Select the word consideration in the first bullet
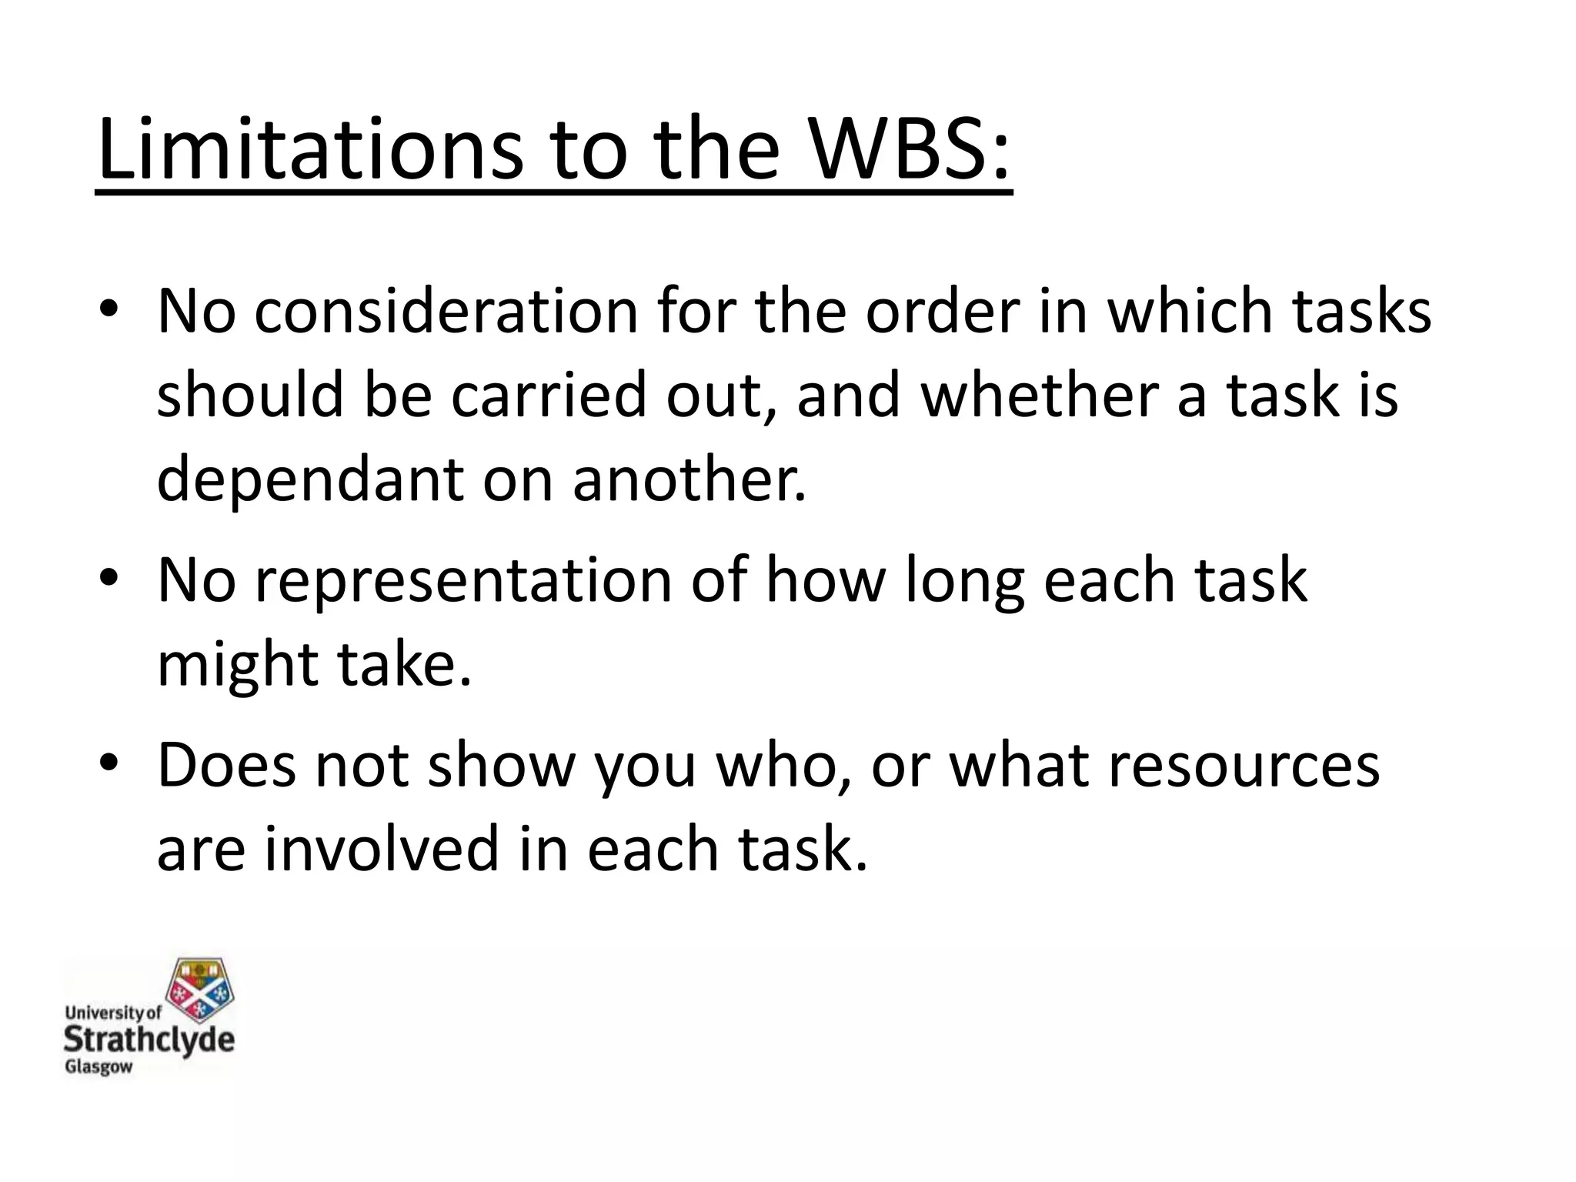[x=446, y=312]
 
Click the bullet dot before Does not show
[x=109, y=762]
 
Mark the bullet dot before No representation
[x=109, y=577]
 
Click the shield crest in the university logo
[x=201, y=992]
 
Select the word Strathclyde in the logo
[x=149, y=1040]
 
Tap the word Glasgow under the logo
[x=98, y=1068]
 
